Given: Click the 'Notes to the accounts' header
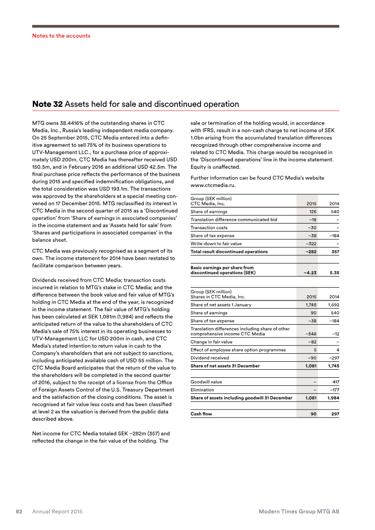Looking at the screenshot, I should pos(61,36).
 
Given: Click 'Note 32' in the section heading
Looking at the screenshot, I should pos(47,104).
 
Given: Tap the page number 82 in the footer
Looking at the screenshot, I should pos(20,512).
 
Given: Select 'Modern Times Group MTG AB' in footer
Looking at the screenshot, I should pos(299,512).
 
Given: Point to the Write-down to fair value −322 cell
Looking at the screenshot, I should pos(309,244).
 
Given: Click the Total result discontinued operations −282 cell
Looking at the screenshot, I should pos(309,252).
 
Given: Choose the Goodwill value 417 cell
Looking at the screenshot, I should pos(334,382).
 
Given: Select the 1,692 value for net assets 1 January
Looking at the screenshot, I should pos(333,305).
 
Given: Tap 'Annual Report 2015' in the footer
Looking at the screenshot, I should pos(57,512).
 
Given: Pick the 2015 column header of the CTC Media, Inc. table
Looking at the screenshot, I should pos(310,204).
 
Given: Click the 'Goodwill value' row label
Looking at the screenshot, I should pos(206,382).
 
